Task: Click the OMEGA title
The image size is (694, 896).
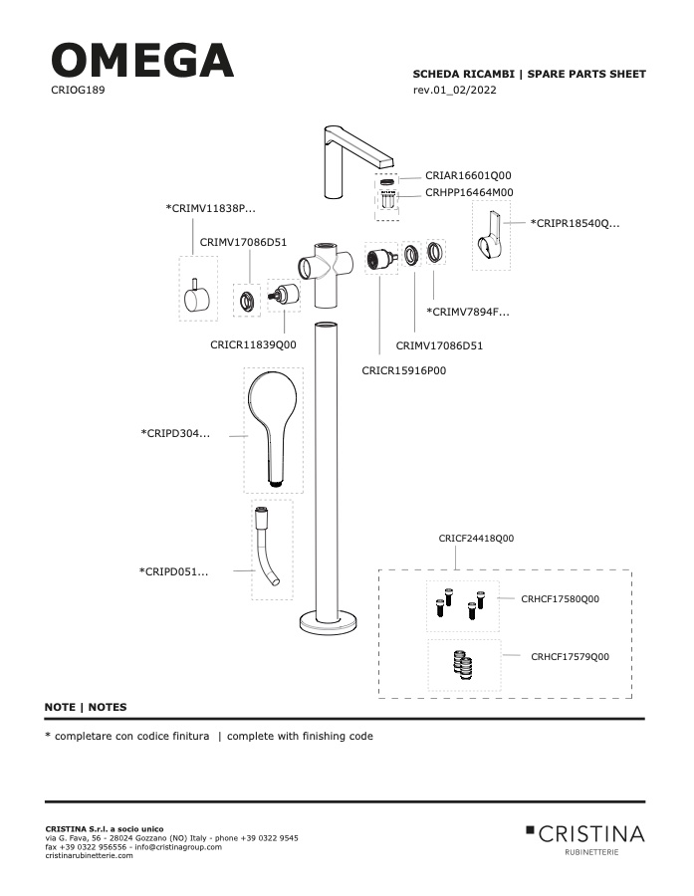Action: coord(142,60)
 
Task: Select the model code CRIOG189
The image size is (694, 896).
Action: coord(78,90)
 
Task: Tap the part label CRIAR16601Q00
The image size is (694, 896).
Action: coord(468,175)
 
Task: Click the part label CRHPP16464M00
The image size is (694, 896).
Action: coord(469,192)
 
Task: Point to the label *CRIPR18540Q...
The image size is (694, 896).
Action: coord(575,223)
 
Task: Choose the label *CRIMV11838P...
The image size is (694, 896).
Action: coord(210,209)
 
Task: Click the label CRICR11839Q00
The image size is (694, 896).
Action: coord(253,344)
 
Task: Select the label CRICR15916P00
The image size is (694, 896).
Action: coord(403,370)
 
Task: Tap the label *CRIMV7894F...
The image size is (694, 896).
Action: coord(468,312)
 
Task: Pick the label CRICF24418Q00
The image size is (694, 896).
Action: coord(476,539)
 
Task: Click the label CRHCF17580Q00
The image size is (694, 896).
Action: coord(561,599)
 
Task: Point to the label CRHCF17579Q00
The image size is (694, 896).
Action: coord(570,657)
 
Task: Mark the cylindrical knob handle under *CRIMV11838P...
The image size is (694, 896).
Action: coord(197,297)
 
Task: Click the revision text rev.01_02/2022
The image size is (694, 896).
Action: coord(454,90)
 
